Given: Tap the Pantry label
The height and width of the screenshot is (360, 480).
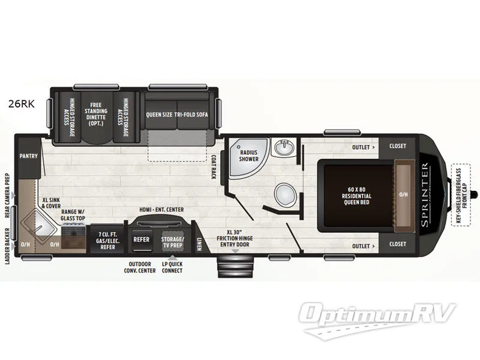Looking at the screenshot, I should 28,156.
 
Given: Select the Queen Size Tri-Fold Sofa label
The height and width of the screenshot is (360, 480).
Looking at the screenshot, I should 177,114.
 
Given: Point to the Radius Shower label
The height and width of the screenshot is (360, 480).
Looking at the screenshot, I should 249,155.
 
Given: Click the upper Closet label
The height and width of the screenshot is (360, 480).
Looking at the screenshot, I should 397,146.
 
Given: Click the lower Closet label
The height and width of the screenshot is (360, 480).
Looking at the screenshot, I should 397,245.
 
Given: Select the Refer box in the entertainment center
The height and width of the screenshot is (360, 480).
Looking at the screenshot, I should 142,239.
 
